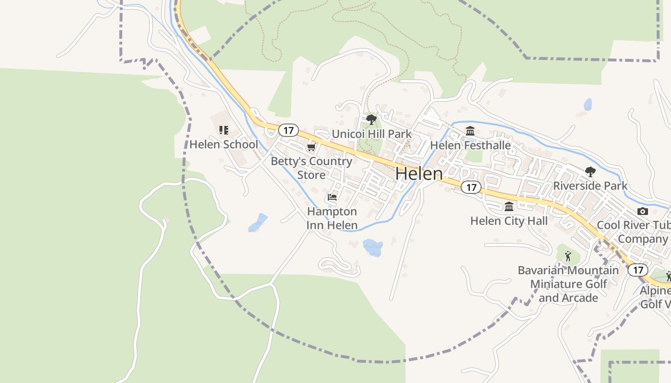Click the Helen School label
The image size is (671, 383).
223,144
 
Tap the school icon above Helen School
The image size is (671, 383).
223,130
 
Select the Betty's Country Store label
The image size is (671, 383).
312,168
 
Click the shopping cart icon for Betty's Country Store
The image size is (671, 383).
312,147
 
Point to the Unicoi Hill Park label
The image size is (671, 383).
372,134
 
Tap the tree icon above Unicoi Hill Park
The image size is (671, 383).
371,120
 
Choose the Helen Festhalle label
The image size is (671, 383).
470,145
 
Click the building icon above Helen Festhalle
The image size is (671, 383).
470,131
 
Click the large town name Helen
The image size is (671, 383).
419,174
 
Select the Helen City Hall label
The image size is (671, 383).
509,221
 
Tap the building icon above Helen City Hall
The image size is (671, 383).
509,207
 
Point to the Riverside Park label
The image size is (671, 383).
590,185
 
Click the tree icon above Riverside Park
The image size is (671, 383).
590,171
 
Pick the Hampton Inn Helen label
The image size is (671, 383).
332,218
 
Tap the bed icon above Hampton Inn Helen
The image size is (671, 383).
332,197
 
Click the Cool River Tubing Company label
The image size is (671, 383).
633,232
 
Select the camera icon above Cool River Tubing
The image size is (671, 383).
643,211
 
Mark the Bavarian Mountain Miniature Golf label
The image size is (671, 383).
568,284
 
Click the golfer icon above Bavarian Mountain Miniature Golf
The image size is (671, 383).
568,257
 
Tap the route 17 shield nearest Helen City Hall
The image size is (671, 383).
472,187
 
